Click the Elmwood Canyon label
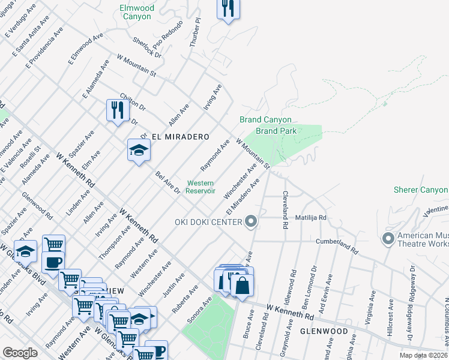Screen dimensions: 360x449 click(x=137, y=13)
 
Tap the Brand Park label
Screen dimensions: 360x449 click(x=276, y=131)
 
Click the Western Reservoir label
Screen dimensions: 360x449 click(x=200, y=187)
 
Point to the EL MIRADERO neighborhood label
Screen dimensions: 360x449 click(x=171, y=136)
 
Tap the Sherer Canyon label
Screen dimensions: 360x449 click(x=421, y=190)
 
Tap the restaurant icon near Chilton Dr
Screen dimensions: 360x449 click(x=116, y=110)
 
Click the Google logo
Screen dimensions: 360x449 click(x=20, y=353)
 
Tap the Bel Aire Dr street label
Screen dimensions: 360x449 click(x=167, y=182)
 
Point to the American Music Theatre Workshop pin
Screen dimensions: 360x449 click(x=388, y=239)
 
